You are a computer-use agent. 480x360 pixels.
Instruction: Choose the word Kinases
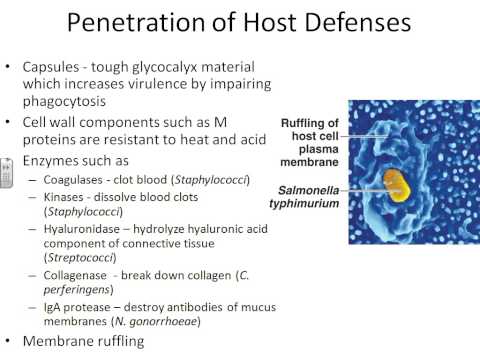67,197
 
